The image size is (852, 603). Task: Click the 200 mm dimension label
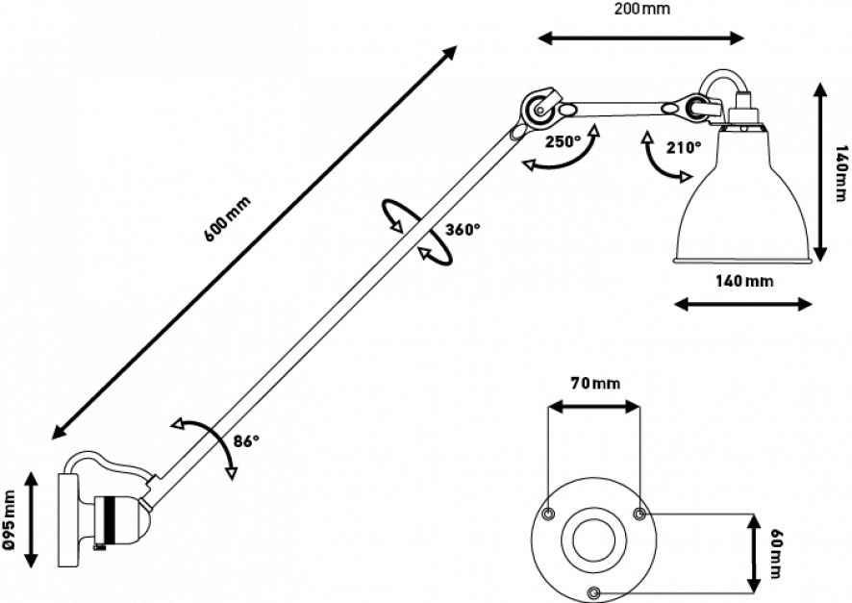(x=643, y=8)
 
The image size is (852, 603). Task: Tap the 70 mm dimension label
(x=593, y=385)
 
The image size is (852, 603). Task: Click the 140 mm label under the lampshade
(x=745, y=283)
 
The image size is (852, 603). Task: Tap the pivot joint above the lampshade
(x=693, y=110)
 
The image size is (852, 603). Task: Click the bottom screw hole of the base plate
(x=594, y=589)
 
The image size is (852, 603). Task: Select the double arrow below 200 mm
(x=641, y=36)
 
